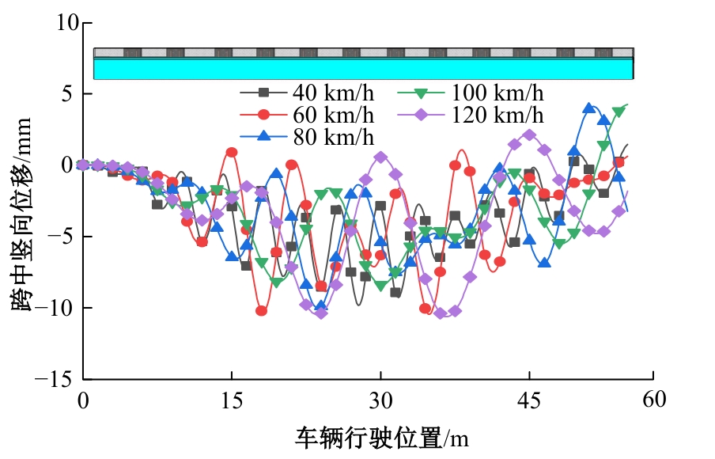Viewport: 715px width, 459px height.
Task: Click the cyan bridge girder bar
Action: coord(364,69)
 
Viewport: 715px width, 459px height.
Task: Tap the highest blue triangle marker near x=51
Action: coord(588,108)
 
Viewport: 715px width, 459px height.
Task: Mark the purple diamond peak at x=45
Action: coord(529,135)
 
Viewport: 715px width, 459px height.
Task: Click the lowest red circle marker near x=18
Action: coord(261,310)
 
